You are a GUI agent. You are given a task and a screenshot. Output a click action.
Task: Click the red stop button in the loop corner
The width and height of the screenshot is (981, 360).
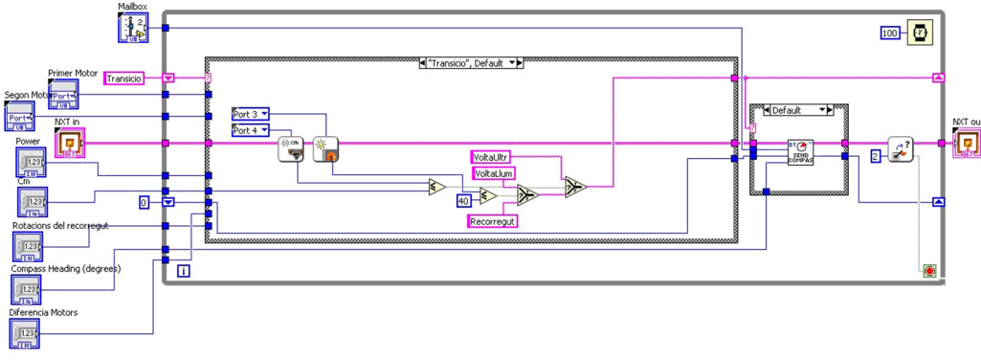[x=928, y=272]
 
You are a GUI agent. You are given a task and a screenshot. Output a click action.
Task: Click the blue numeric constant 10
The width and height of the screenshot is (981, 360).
[x=463, y=200]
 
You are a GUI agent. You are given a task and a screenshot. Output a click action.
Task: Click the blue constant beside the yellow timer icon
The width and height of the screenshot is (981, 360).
[x=890, y=33]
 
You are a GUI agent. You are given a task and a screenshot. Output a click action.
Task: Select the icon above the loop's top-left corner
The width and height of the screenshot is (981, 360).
[x=132, y=27]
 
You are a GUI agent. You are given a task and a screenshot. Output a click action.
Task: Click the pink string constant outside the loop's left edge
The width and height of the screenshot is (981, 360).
[x=123, y=78]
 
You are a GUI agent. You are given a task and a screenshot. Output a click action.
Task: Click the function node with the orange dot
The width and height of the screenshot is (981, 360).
[x=327, y=148]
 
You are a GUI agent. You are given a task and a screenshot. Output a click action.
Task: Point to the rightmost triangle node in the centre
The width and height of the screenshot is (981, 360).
[x=575, y=187]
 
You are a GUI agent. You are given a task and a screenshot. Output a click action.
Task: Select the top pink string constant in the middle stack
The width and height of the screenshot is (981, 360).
[x=492, y=155]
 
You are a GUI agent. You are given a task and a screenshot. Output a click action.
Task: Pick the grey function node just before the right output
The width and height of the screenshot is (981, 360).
[x=899, y=146]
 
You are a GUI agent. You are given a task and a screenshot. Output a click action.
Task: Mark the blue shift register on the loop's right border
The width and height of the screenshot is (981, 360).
[x=939, y=202]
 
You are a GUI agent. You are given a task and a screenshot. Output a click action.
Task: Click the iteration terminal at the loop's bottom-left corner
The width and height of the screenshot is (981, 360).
[x=182, y=271]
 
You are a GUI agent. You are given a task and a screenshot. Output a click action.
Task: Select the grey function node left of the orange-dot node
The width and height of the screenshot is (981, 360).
[x=290, y=148]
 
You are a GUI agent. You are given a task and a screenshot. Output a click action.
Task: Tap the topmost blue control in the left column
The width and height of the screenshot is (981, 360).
[x=64, y=94]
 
